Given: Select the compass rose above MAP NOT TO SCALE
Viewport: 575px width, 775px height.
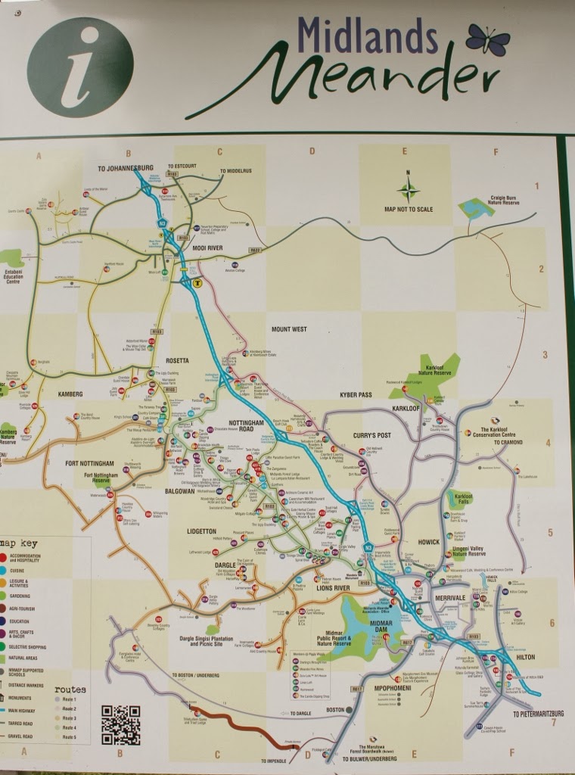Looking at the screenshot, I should point(408,189).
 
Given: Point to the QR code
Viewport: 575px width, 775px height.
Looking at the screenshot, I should point(121,724).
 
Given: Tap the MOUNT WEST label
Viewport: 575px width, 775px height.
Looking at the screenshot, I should point(289,329).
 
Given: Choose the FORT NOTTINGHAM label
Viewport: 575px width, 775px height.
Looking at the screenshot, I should point(89,463).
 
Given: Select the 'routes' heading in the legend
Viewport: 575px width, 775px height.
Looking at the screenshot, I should point(70,689).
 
